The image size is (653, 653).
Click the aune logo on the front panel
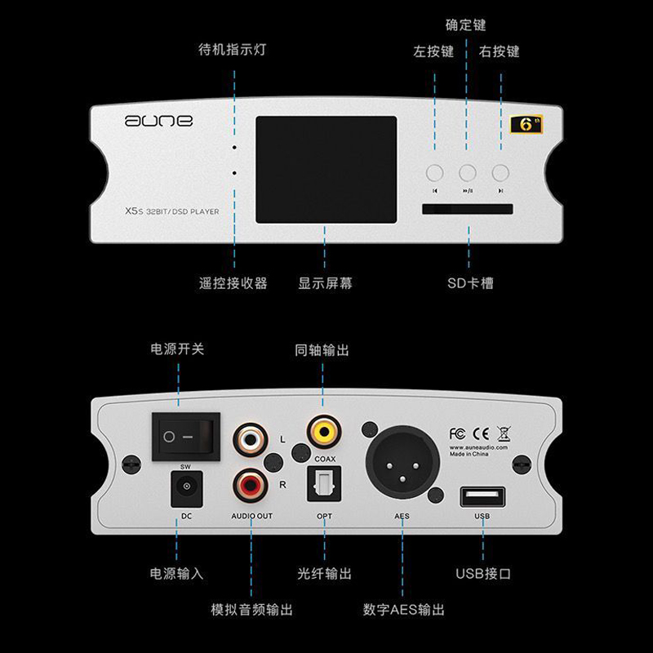(158, 121)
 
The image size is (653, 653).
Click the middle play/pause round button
(468, 172)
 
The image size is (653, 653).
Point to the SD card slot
(468, 211)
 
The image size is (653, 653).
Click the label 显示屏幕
(326, 284)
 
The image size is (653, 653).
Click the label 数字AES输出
(404, 610)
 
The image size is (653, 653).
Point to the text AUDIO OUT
(252, 517)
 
